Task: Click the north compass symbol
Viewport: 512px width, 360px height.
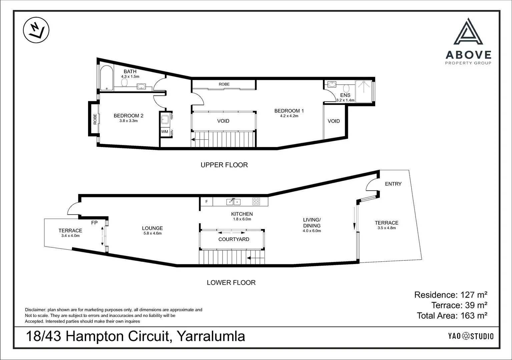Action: pyautogui.click(x=35, y=31)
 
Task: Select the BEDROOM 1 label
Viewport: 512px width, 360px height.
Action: pyautogui.click(x=289, y=111)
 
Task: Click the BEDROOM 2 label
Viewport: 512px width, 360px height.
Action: pyautogui.click(x=128, y=116)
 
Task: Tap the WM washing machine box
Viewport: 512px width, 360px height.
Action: pyautogui.click(x=165, y=132)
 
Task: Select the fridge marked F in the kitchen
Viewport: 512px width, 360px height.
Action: pyautogui.click(x=206, y=201)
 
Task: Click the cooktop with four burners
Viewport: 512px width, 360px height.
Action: pyautogui.click(x=256, y=201)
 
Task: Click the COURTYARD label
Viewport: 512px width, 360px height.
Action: pyautogui.click(x=233, y=239)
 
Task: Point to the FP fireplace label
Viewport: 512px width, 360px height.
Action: pyautogui.click(x=94, y=223)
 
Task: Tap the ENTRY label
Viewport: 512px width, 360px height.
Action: pyautogui.click(x=393, y=184)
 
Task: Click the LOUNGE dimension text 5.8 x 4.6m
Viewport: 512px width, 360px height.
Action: pyautogui.click(x=152, y=233)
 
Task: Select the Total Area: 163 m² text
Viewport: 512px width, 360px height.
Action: pyautogui.click(x=452, y=315)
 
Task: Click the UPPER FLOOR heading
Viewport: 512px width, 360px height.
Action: pyautogui.click(x=224, y=165)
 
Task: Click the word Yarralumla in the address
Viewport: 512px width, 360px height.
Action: pyautogui.click(x=210, y=336)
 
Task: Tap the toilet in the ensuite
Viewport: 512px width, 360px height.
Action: pyautogui.click(x=346, y=89)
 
